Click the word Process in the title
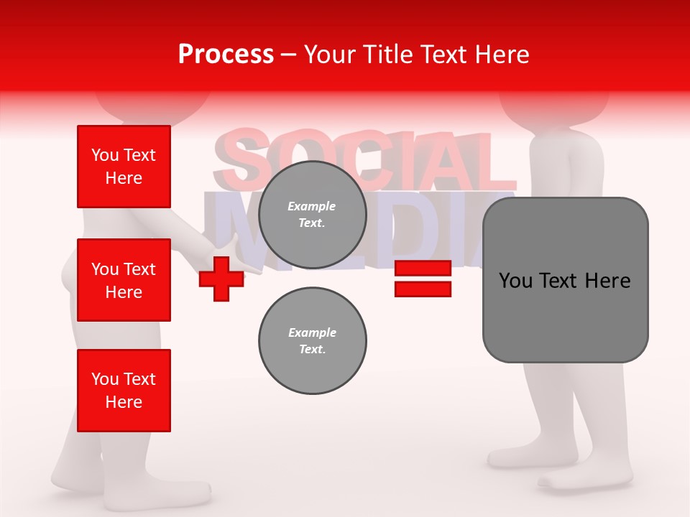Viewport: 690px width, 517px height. click(226, 55)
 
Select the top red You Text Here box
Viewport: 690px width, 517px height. click(124, 167)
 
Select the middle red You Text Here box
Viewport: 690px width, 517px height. click(124, 280)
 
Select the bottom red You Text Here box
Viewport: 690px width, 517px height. click(124, 391)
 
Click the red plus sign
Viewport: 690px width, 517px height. click(221, 279)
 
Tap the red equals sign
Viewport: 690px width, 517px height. click(423, 279)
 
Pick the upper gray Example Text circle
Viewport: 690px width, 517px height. click(312, 215)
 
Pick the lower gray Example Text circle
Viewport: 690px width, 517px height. click(312, 340)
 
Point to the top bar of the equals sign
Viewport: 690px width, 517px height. click(423, 269)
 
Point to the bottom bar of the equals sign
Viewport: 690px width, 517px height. click(423, 289)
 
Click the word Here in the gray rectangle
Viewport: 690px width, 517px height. click(607, 281)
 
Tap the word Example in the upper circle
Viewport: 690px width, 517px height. click(312, 206)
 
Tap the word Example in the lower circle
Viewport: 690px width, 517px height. click(312, 332)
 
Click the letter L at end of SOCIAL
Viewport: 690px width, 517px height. click(496, 162)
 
